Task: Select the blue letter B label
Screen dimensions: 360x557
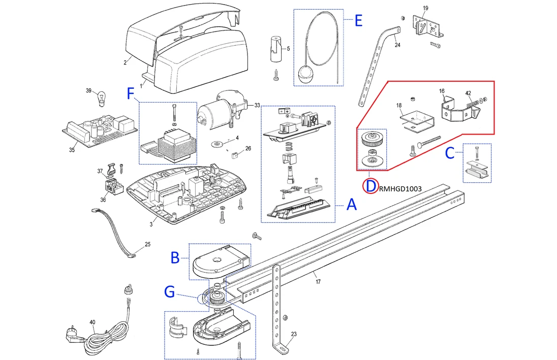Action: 174,258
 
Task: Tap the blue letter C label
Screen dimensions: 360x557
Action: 450,152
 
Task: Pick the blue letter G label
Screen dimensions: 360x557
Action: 170,291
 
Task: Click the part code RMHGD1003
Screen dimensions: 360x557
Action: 400,188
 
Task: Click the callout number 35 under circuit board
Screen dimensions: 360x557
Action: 72,150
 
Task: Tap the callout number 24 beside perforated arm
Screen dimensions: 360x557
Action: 397,45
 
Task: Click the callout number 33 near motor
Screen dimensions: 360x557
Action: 257,105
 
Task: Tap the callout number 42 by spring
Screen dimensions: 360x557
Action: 468,93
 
